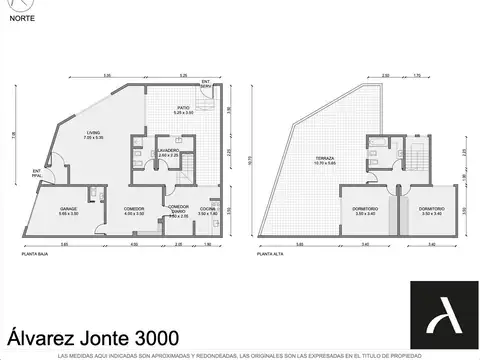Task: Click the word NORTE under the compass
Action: pos(22,43)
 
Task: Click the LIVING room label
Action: pos(92,133)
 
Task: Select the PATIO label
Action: pos(183,107)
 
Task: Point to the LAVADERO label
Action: pos(168,150)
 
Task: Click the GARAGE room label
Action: pos(69,210)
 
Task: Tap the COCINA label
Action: pos(208,210)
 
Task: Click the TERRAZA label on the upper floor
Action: pos(325,159)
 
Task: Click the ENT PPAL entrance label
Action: pos(37,173)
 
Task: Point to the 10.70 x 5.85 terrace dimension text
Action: pos(325,164)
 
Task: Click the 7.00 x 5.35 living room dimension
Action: pos(92,138)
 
